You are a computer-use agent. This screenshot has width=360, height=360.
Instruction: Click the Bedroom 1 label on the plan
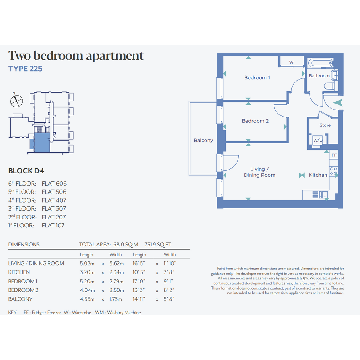pos(257,78)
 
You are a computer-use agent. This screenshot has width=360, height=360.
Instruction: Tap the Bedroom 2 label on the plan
pos(255,121)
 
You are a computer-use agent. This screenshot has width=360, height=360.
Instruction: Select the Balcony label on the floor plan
pos(203,140)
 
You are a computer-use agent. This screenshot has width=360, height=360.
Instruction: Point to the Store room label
pos(325,125)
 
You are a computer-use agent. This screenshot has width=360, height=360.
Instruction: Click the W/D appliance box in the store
pos(318,140)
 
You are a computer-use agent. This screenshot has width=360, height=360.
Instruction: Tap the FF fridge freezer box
pos(334,155)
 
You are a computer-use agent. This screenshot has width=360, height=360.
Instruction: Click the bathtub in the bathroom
pos(321,63)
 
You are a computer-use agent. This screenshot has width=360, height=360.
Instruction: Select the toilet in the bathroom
pos(329,86)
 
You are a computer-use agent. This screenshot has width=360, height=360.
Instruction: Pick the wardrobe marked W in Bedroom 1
pos(291,62)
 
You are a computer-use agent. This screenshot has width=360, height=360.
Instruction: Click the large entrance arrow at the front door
pos(338,102)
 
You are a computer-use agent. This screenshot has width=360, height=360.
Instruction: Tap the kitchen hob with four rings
pos(333,171)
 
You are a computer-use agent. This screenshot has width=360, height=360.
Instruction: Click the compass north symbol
pos(16,101)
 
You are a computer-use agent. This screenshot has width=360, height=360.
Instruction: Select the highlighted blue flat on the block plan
pos(42,142)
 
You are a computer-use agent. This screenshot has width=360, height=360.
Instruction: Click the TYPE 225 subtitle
pos(25,69)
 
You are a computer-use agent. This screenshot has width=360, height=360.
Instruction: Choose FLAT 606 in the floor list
pos(54,184)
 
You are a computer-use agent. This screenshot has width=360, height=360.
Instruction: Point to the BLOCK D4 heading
pos(26,171)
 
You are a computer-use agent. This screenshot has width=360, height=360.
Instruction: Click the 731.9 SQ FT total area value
pos(158,245)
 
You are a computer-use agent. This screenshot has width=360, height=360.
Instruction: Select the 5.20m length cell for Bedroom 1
pos(87,281)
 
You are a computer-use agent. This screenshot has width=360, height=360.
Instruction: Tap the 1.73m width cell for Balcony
pos(115,299)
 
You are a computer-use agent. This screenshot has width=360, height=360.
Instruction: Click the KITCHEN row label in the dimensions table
pos(19,272)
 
